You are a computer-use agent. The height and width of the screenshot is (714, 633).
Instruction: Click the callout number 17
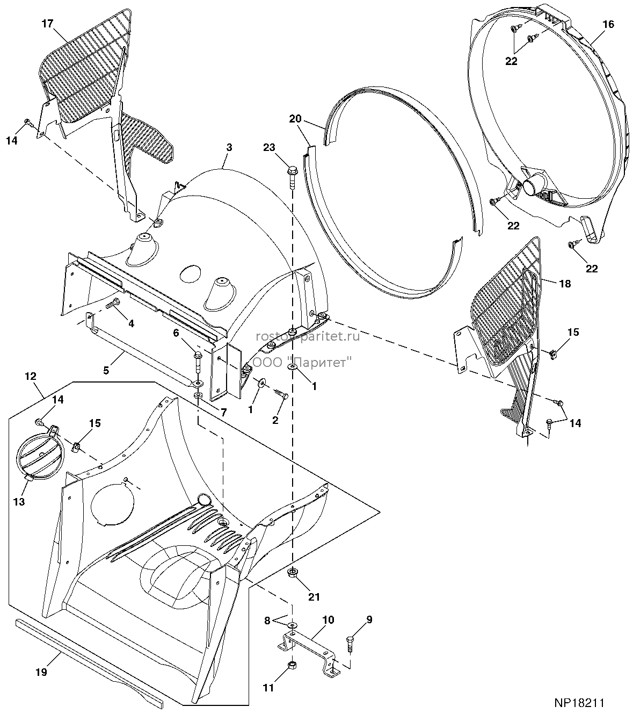(47, 24)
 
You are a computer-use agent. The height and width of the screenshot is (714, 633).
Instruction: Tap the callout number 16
(608, 24)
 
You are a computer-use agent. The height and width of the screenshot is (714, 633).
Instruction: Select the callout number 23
(270, 147)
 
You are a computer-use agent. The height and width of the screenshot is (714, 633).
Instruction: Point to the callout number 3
(229, 147)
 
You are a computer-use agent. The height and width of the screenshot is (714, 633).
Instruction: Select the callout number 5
(106, 370)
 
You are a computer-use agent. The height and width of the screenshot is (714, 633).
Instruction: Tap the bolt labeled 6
(198, 361)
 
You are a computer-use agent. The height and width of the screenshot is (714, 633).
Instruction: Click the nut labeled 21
(293, 572)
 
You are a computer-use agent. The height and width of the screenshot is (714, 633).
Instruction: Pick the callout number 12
(31, 376)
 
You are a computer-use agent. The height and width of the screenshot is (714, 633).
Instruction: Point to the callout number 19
(41, 672)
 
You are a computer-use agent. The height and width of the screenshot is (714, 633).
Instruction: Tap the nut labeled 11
(293, 665)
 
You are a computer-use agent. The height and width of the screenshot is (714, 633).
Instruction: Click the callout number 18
(565, 283)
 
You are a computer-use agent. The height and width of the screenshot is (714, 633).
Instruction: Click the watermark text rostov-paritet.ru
(308, 336)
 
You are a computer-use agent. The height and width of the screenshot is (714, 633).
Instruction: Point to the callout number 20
(295, 119)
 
